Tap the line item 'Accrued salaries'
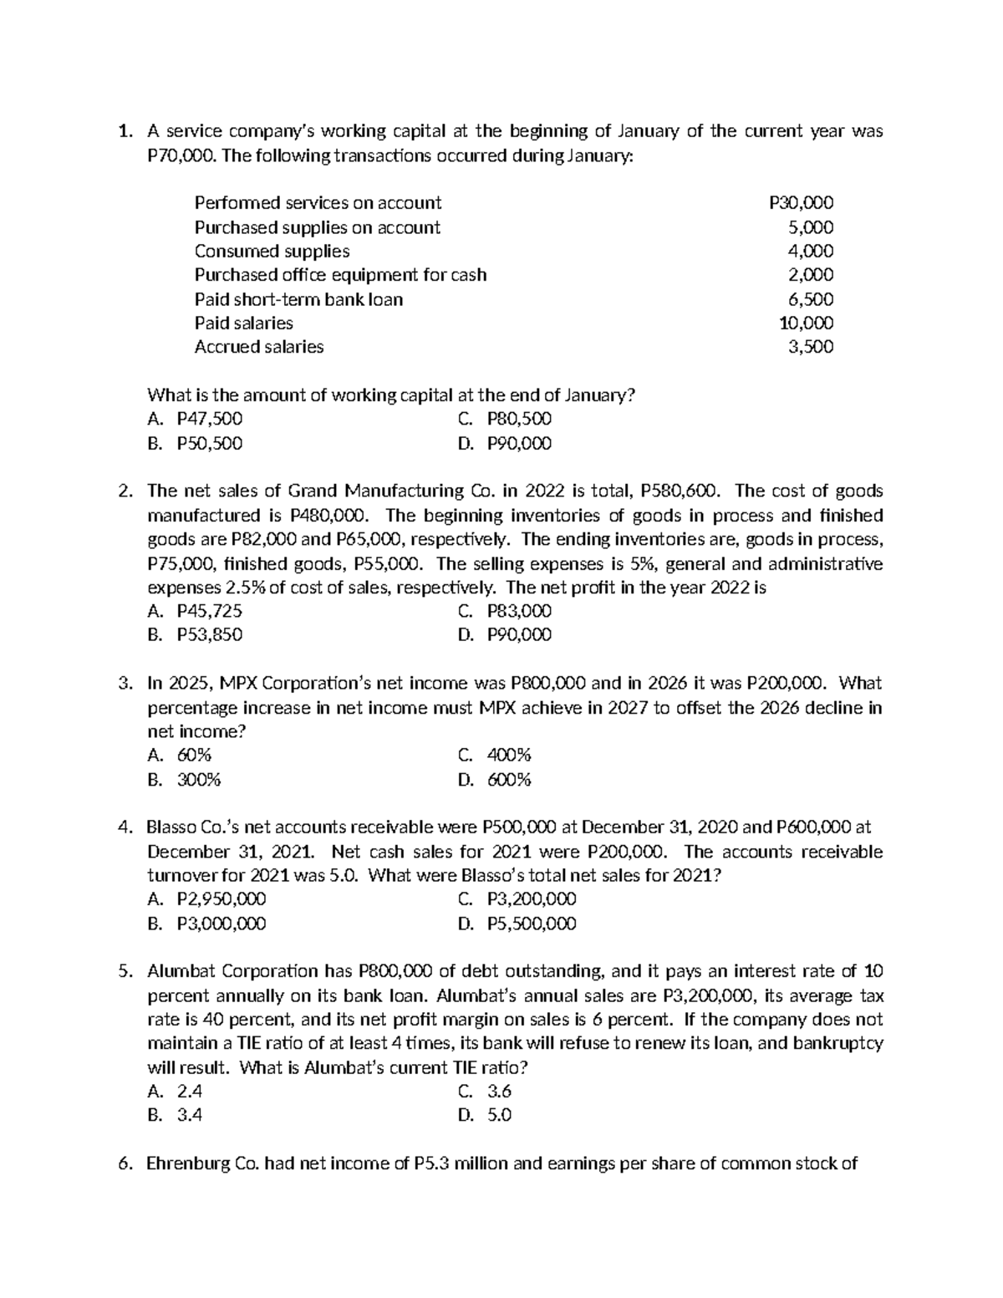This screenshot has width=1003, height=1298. tap(259, 347)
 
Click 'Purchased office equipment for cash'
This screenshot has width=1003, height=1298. tap(340, 275)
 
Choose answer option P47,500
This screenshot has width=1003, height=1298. tap(209, 419)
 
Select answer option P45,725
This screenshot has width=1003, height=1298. tap(209, 611)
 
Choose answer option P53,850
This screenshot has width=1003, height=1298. tap(209, 635)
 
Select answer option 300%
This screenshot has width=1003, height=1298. tap(199, 781)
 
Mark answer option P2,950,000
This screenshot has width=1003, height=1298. tap(221, 899)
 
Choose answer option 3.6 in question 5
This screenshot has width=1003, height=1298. tap(499, 1092)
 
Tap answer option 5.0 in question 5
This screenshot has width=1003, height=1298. tap(499, 1116)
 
